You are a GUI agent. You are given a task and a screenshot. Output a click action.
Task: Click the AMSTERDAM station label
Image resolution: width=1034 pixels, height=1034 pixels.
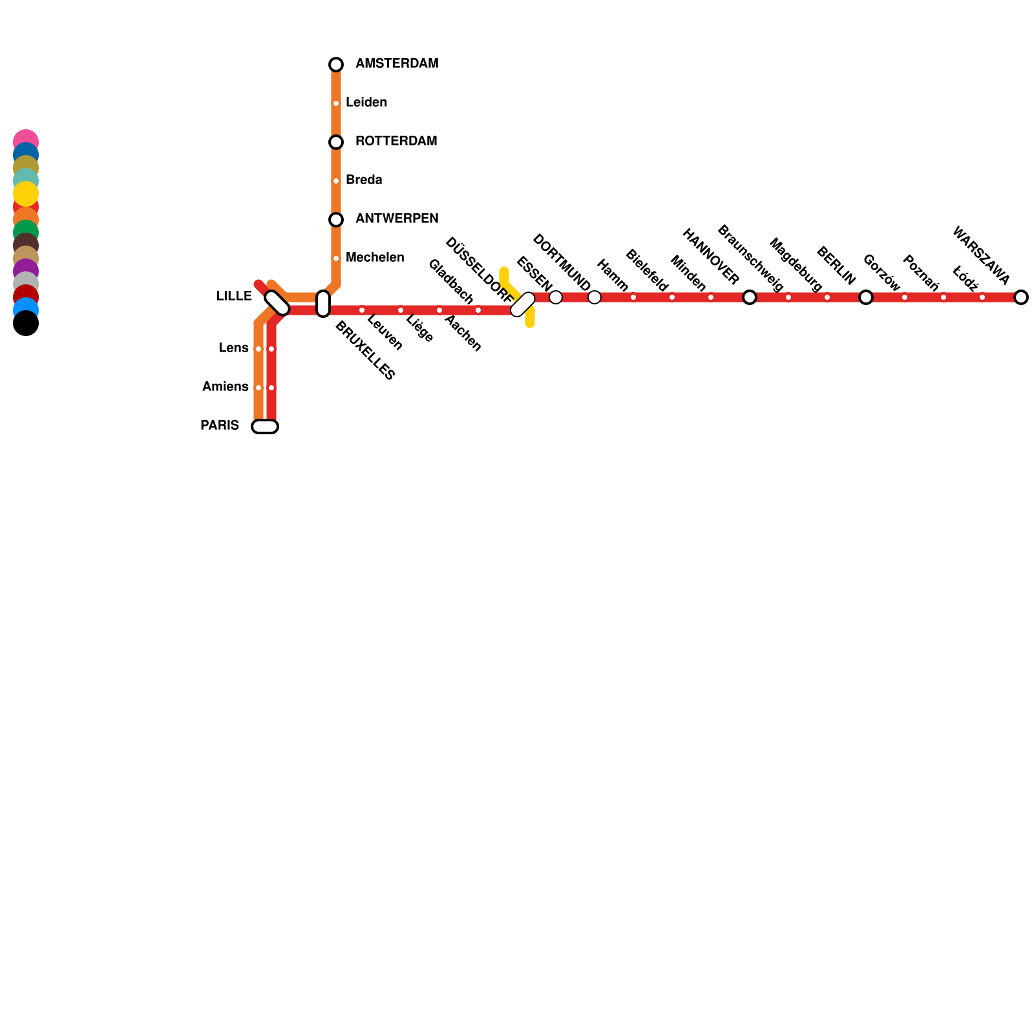point(397,64)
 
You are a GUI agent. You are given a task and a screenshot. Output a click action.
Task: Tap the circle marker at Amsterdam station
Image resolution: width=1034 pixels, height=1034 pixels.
point(336,65)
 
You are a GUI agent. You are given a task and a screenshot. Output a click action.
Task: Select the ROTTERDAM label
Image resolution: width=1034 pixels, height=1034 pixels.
point(396,142)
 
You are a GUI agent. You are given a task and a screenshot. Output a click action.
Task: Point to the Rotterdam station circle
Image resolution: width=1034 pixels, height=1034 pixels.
point(336,142)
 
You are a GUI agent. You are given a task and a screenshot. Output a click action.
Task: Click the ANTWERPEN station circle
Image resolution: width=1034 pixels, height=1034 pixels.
point(336,220)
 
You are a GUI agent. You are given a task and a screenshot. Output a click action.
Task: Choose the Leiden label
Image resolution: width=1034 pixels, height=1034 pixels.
point(366,103)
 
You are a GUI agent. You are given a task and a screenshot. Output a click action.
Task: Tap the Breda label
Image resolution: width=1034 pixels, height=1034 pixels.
point(364,180)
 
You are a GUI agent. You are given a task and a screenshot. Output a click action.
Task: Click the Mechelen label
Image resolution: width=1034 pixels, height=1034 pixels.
point(375,258)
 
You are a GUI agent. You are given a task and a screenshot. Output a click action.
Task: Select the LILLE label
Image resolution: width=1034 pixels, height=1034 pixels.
point(234,297)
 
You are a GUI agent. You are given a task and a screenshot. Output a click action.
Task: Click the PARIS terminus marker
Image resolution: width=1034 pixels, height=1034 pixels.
point(265,427)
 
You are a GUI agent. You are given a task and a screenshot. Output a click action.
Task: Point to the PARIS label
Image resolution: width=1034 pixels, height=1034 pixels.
point(220,426)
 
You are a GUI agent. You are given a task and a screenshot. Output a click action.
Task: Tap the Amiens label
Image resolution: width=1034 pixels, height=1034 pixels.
point(225,387)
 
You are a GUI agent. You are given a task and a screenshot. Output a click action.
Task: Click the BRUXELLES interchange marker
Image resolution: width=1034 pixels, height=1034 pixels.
point(323,304)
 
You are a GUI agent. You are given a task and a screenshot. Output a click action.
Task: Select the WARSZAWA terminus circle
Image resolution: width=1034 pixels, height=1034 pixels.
point(1021,297)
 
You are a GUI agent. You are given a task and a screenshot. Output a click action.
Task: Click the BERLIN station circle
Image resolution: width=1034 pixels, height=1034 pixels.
point(866,297)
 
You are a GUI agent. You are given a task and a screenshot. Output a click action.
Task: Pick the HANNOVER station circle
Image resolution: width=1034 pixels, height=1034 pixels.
point(750,297)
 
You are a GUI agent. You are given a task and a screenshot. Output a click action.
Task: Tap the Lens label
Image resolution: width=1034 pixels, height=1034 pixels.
point(233,348)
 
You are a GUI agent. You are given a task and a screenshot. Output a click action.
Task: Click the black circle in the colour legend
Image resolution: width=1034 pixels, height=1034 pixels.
point(26,324)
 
